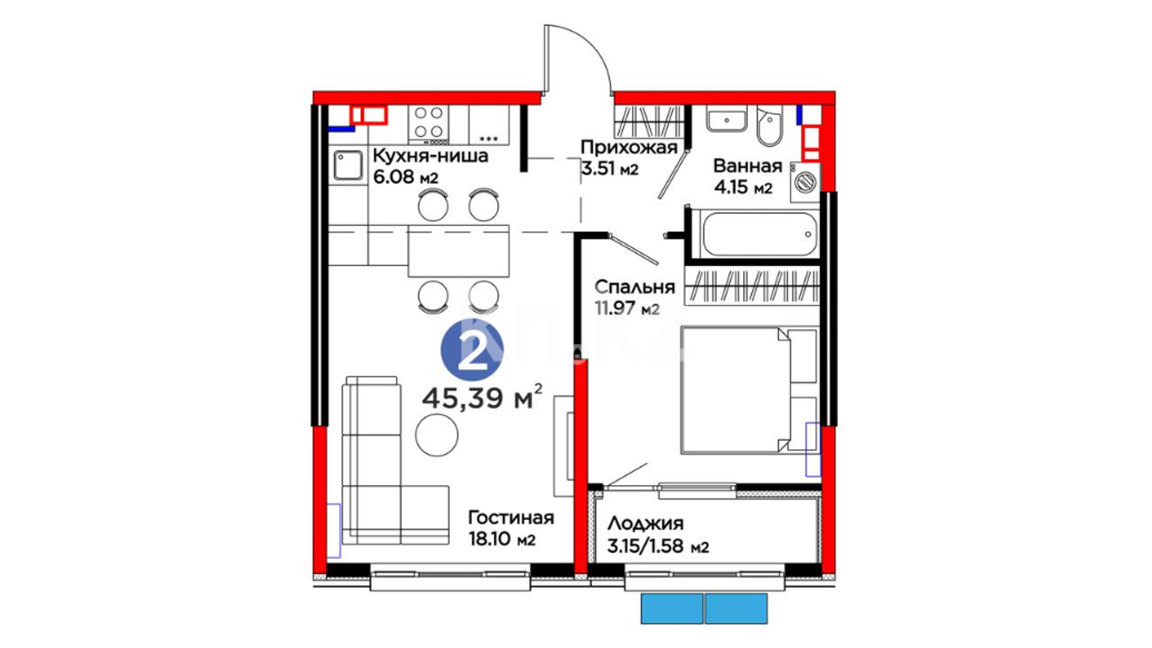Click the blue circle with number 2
point(472,350)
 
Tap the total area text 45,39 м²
point(483,397)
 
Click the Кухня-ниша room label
point(430,156)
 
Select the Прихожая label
point(629,148)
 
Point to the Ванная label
point(748,166)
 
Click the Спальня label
point(635,287)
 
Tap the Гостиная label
point(511,518)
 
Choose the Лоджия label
point(646,524)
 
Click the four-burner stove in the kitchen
point(429,124)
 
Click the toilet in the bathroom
point(769,127)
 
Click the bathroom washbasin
point(726,119)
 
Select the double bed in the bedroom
point(749,391)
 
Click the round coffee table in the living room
point(437,436)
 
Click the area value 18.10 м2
point(502,539)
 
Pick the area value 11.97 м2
point(627,308)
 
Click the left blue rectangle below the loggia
point(672,608)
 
